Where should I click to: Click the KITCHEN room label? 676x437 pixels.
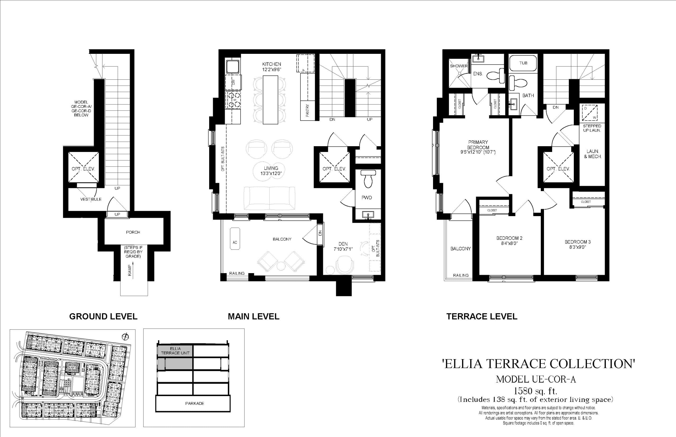pos(271,64)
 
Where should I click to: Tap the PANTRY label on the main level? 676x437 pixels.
pos(307,110)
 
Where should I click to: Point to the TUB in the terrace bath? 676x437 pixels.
pos(523,63)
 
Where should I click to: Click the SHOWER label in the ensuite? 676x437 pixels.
pos(458,66)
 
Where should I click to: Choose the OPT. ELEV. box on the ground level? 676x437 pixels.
pos(83,169)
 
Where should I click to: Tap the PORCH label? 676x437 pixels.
pos(133,232)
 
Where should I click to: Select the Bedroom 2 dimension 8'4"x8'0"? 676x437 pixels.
pos(509,243)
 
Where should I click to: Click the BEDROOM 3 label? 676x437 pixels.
pos(578,242)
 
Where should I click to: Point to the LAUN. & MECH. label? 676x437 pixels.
pos(593,154)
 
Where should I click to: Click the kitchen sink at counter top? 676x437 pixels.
pos(233,67)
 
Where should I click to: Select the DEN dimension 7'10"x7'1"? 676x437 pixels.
pos(343,249)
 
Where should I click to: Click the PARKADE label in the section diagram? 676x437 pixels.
pos(194,403)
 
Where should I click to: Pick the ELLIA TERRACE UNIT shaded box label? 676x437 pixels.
pos(175,351)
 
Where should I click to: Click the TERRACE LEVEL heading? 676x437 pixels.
pos(482,316)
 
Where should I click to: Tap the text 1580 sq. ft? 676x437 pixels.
pos(536,391)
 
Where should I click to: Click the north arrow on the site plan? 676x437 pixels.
pos(125,337)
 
